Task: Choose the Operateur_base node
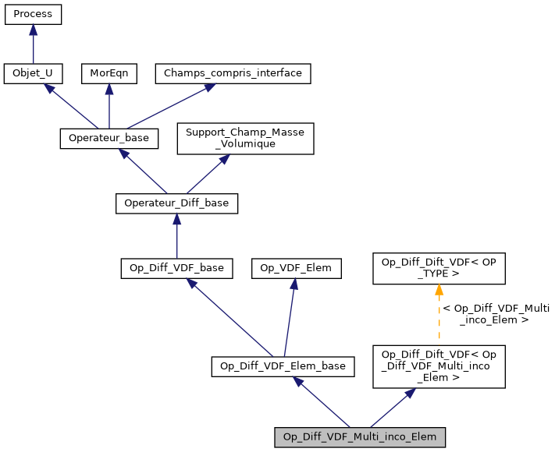(109, 138)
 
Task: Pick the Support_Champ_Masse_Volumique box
(245, 138)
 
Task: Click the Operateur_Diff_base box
(176, 203)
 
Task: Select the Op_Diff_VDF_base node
(176, 268)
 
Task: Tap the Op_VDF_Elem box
(295, 268)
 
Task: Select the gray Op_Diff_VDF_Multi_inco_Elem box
(360, 437)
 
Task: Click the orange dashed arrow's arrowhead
(439, 291)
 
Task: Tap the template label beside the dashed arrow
(496, 314)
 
